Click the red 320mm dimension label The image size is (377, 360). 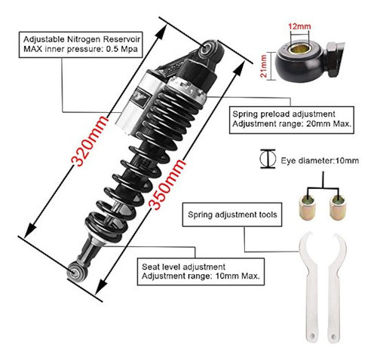tap(90, 141)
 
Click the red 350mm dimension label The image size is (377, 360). tap(167, 185)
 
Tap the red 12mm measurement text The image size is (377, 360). tap(299, 26)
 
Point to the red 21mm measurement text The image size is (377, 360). tap(263, 66)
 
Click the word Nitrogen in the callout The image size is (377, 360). tap(83, 39)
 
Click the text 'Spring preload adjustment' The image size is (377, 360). tap(284, 114)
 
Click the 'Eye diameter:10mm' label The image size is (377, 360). tap(320, 160)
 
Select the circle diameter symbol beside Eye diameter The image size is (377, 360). tap(268, 159)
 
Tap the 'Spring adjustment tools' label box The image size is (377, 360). tap(232, 215)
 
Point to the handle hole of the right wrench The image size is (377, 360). tap(333, 336)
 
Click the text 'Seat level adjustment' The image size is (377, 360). tap(183, 267)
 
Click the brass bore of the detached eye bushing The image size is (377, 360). tap(298, 49)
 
